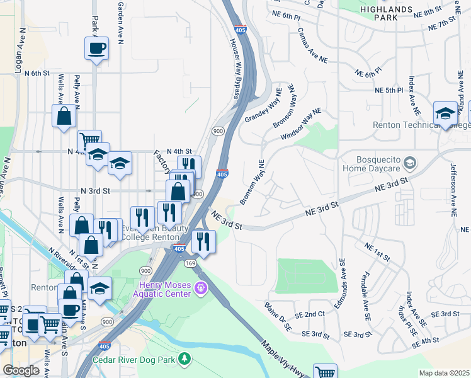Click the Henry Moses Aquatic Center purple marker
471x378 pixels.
coord(201,289)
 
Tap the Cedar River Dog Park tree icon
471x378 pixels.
coord(184,359)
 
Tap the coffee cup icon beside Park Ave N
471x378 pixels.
coord(96,48)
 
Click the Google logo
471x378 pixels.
coord(21,370)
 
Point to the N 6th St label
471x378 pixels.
coord(37,73)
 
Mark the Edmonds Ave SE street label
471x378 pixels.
coord(343,278)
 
